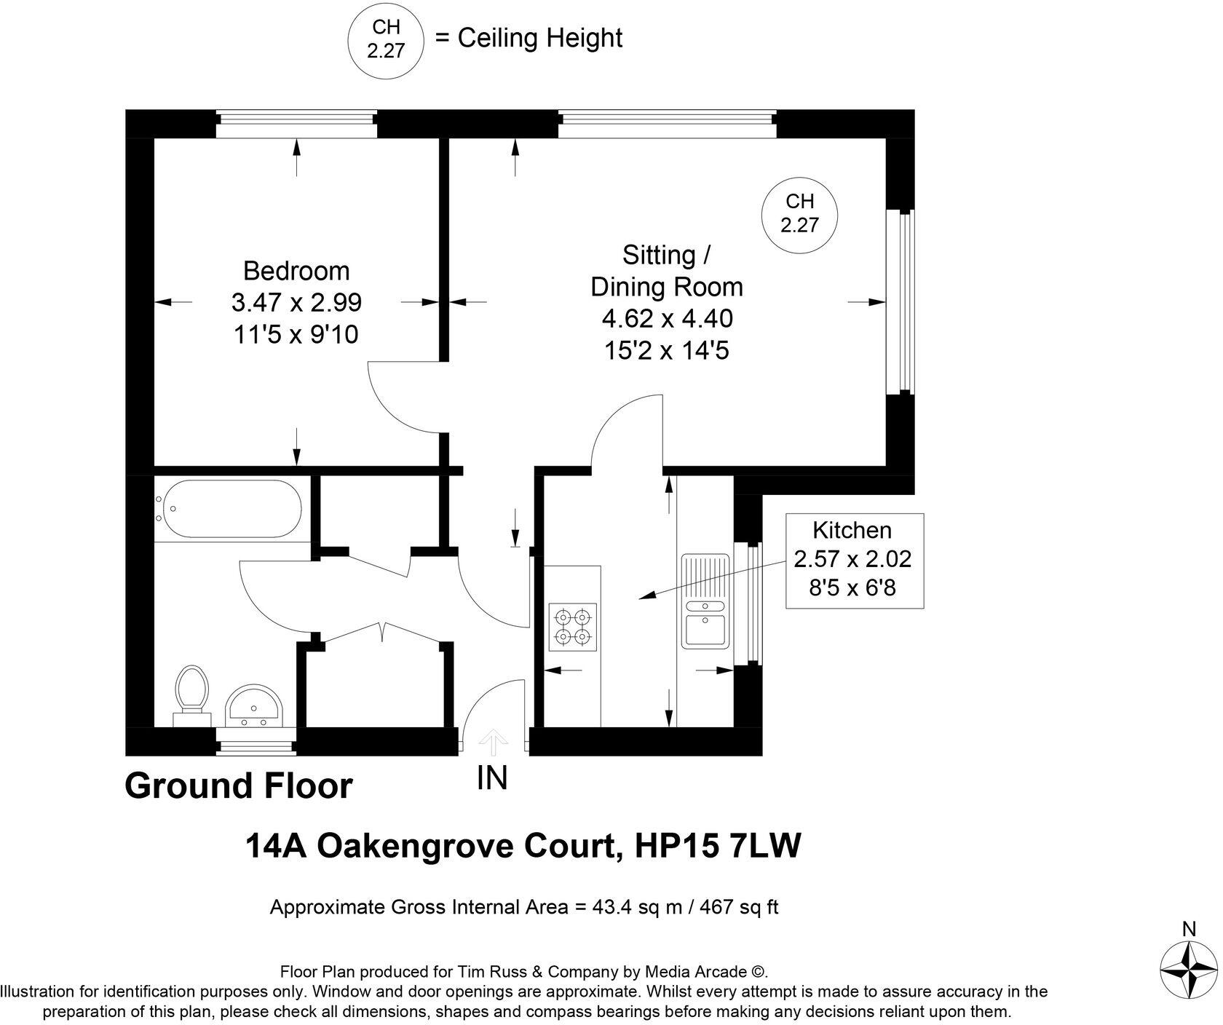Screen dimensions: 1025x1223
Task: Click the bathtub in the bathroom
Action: point(231,509)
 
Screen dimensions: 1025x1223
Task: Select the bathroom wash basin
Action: point(253,706)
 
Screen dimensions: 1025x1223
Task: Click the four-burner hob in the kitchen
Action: point(572,626)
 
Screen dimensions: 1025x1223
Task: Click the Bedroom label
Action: point(296,271)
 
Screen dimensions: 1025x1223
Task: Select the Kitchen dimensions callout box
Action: point(854,561)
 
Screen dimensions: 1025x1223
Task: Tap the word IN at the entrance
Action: point(492,778)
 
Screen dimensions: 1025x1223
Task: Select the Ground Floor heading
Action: point(239,786)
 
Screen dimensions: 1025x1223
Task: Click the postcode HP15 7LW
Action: point(718,847)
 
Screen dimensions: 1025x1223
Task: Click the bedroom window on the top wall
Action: point(296,123)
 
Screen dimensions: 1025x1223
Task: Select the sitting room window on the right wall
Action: point(901,302)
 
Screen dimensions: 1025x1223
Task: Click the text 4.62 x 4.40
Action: point(666,319)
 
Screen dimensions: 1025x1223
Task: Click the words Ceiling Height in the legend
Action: point(539,38)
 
